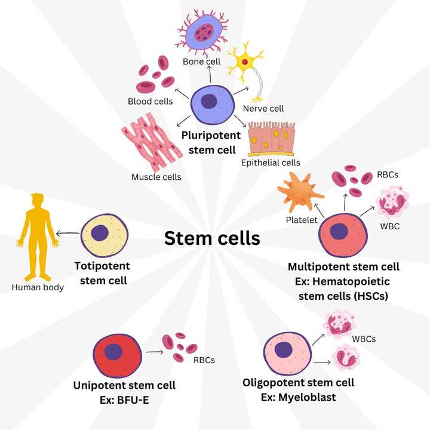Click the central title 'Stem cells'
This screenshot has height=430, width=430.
tap(212, 238)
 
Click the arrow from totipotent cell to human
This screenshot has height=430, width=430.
tap(68, 234)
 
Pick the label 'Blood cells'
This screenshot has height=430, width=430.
tap(150, 101)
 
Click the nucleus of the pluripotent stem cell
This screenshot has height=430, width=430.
tap(209, 101)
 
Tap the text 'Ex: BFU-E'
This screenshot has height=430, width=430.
tap(124, 399)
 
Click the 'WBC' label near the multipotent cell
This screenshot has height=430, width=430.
tap(389, 226)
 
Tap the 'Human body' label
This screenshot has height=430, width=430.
tap(38, 287)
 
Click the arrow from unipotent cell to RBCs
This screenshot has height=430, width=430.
tap(155, 352)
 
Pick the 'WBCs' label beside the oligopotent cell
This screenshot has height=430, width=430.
tap(364, 339)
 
